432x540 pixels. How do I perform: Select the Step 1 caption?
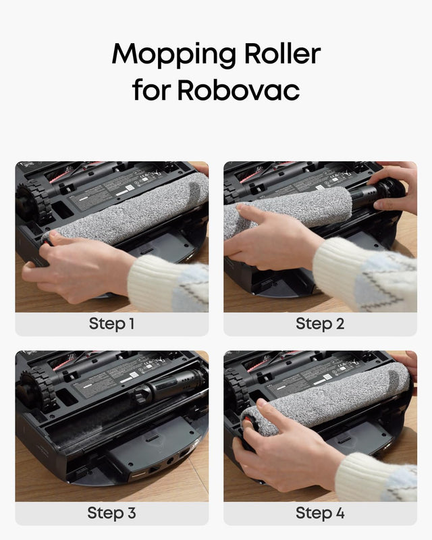point(112,323)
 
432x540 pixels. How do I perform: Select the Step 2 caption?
point(320,323)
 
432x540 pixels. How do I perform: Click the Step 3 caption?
point(112,512)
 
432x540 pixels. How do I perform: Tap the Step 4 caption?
point(320,512)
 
